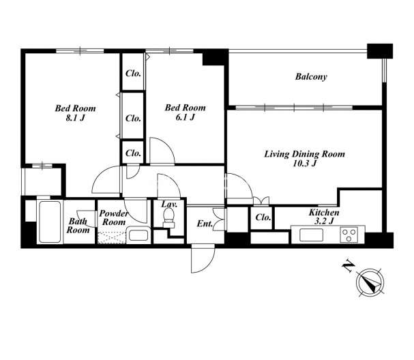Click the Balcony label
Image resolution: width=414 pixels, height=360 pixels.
tap(311, 76)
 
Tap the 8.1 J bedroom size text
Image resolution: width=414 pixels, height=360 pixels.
tap(75, 118)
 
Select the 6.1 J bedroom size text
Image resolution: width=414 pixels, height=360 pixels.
tap(185, 117)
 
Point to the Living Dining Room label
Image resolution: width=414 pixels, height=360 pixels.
tap(305, 154)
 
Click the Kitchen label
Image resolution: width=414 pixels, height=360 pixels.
tap(324, 212)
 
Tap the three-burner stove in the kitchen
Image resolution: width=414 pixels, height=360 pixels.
tap(349, 235)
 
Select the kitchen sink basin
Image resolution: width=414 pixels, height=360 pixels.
tap(311, 235)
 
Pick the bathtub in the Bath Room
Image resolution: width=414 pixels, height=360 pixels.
tap(50, 222)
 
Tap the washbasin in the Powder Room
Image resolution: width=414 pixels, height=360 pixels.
tap(138, 235)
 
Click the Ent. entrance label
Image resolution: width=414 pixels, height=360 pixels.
tap(205, 224)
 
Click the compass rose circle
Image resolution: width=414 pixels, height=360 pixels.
tap(370, 282)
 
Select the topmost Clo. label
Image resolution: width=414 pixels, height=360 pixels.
tap(133, 74)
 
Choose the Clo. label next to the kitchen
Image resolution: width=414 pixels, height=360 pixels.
tap(263, 217)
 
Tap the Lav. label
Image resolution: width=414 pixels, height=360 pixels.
tap(169, 204)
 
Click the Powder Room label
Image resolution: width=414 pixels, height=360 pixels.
tap(114, 217)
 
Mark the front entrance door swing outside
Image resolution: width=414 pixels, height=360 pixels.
tap(203, 258)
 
